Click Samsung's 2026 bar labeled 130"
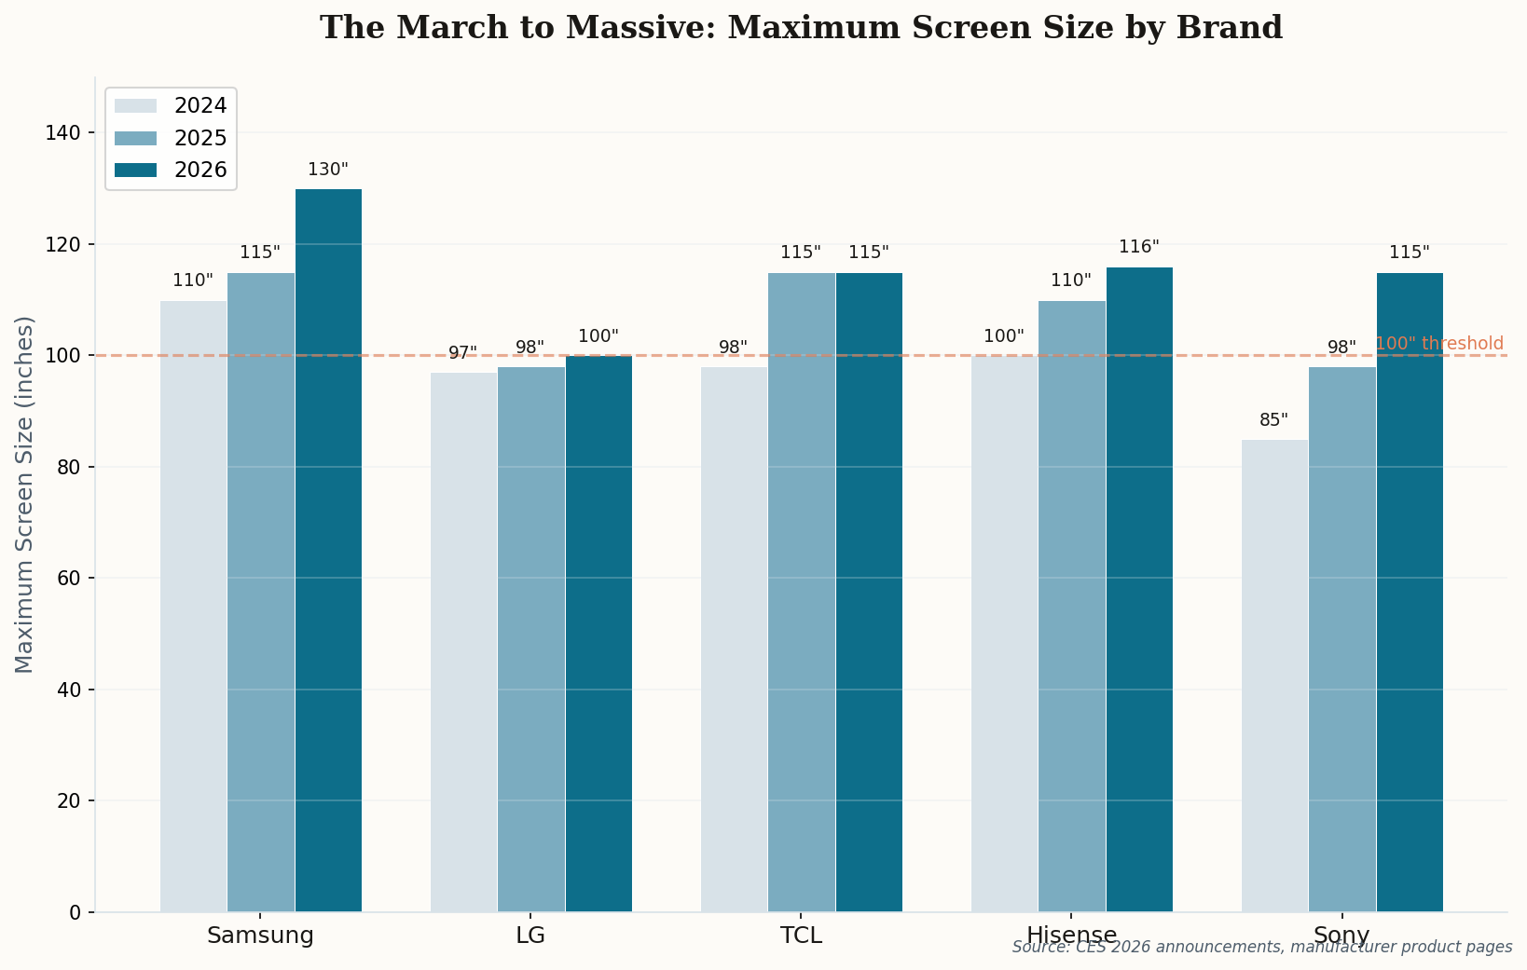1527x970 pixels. [x=328, y=550]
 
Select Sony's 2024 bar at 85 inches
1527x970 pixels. [x=1274, y=676]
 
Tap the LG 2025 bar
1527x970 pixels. [x=530, y=639]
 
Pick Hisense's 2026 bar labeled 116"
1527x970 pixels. [x=1139, y=589]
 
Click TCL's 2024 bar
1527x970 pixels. [x=734, y=639]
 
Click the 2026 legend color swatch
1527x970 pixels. [x=135, y=170]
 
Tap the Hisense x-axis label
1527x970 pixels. [x=1071, y=936]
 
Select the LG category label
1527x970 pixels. [x=530, y=936]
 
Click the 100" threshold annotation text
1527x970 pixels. [x=1439, y=344]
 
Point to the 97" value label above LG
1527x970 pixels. [x=462, y=353]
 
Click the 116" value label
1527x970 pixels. [x=1139, y=247]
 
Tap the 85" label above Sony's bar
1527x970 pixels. [x=1273, y=420]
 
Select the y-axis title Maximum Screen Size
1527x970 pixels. [x=25, y=494]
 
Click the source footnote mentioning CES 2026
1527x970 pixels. [x=1261, y=947]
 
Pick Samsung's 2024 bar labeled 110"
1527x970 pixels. [x=193, y=606]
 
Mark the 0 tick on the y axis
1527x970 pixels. [x=76, y=912]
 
